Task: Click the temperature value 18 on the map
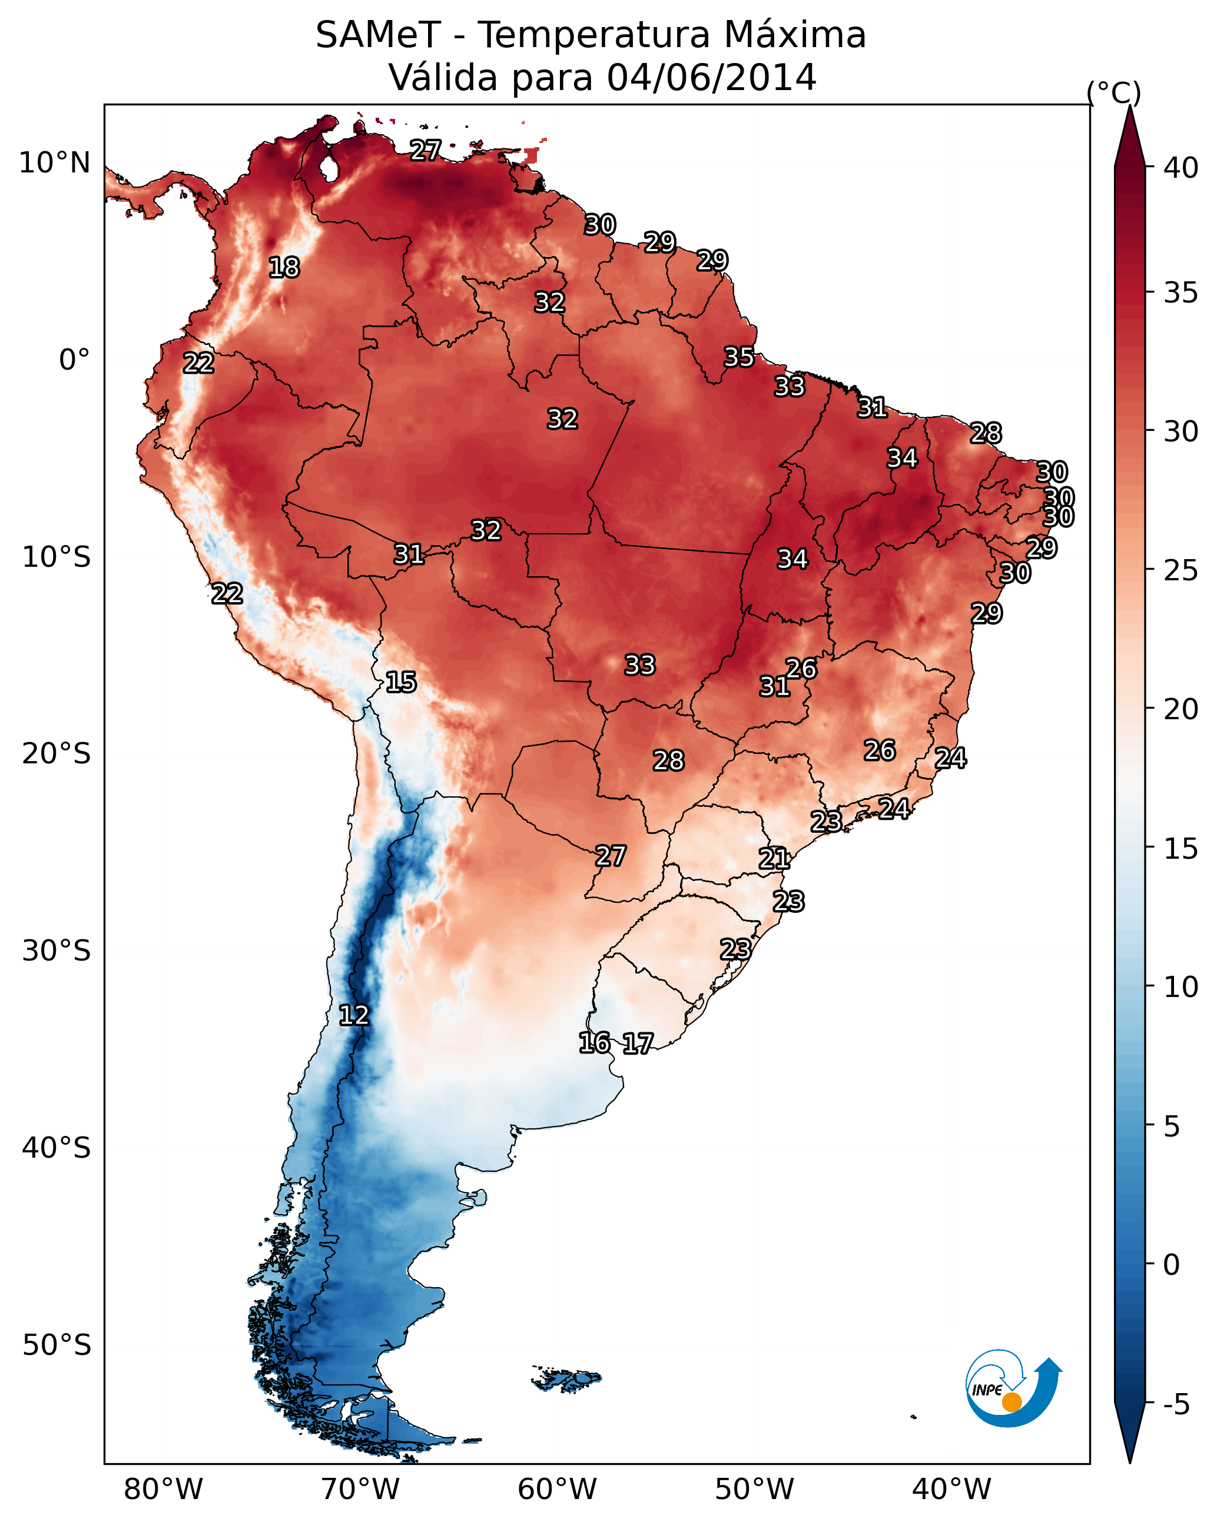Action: pos(284,268)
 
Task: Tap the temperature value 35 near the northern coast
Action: pos(739,357)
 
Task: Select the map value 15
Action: pos(400,682)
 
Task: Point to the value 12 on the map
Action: pos(354,1015)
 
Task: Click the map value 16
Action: pos(594,1043)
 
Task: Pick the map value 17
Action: pos(638,1044)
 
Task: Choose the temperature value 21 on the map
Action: pos(774,859)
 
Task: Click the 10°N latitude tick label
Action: pos(54,163)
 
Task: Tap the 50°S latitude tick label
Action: pos(57,1345)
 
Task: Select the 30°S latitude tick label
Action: pos(57,952)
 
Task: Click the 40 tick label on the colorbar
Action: pos(1180,168)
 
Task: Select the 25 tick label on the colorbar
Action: pos(1180,570)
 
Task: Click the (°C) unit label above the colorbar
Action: pos(1114,92)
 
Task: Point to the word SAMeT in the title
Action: pos(378,35)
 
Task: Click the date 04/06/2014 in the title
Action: pos(711,78)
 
